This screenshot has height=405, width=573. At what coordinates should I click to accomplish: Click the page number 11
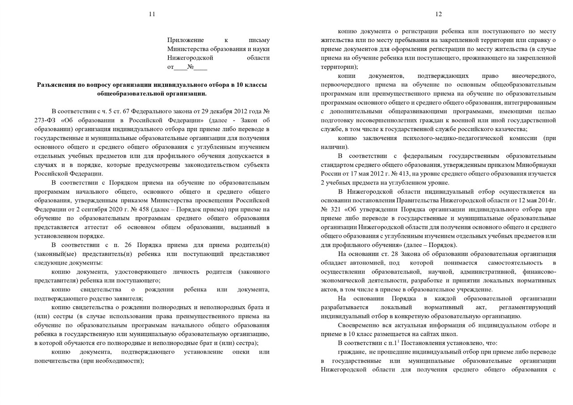click(152, 14)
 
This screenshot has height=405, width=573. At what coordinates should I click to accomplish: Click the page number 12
click(438, 14)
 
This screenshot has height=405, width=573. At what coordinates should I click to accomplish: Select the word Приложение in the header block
click(185, 40)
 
